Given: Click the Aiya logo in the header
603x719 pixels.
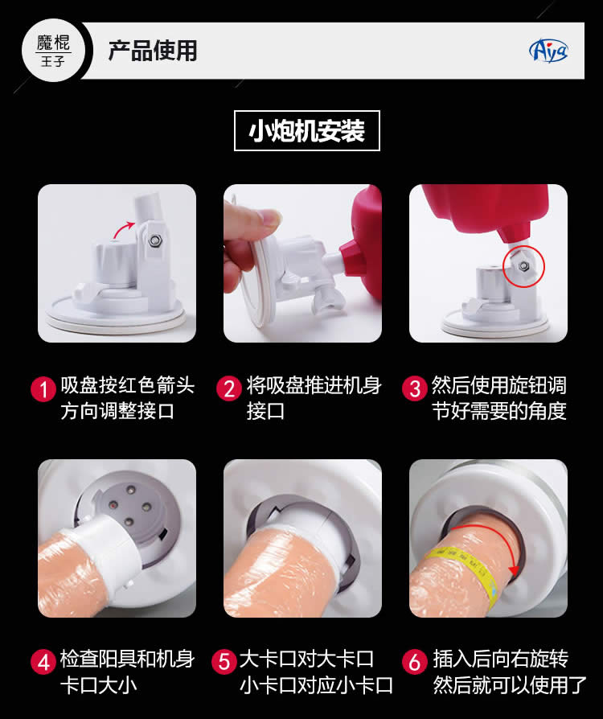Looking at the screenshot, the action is pos(548,51).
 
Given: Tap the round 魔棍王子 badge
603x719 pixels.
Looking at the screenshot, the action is pos(54,51).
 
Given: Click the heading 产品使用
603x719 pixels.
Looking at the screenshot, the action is pos(153,51).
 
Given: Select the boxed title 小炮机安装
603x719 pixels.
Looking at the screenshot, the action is pos(307,130).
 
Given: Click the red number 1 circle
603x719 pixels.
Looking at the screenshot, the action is pos(43,388).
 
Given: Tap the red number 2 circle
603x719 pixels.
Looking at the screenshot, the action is pos(229,388).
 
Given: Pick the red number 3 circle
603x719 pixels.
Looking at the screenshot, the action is pos(415,388).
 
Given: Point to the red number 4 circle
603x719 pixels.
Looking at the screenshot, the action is pos(43,662).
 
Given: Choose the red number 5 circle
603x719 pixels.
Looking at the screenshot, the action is pos(224,662).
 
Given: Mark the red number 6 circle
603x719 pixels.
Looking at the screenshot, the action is pos(415,662).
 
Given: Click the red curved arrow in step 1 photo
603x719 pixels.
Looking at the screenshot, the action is pos(122,228).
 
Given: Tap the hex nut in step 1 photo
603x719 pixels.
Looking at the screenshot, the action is pos(155,240).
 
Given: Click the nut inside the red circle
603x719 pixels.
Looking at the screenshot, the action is pos(523,266).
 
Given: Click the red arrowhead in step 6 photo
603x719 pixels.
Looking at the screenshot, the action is pos(514,569).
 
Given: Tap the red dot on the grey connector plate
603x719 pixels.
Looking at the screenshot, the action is pos(112,505).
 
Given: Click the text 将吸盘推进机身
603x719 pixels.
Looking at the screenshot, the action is pos(314,385).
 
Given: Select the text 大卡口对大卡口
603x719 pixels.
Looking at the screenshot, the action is pos(307,659).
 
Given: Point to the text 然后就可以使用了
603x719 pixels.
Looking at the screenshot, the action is pos(510,685).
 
